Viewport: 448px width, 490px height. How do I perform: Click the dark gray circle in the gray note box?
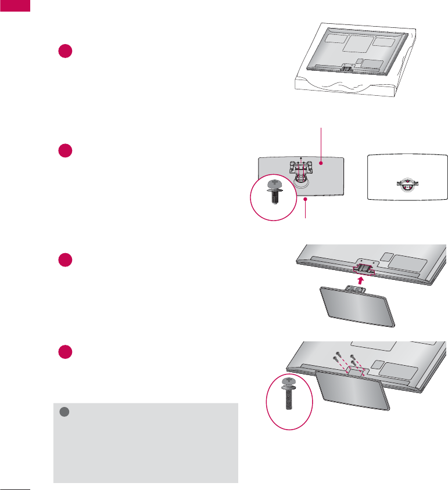pyautogui.click(x=65, y=412)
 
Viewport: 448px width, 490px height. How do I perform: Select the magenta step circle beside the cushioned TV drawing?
pyautogui.click(x=65, y=51)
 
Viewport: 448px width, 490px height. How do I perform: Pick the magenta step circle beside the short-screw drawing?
pyautogui.click(x=65, y=150)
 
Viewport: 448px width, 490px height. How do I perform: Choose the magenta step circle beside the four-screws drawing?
pyautogui.click(x=65, y=352)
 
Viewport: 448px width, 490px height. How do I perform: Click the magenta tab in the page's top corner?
pyautogui.click(x=14, y=6)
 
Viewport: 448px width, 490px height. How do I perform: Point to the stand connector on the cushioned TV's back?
pyautogui.click(x=347, y=68)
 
